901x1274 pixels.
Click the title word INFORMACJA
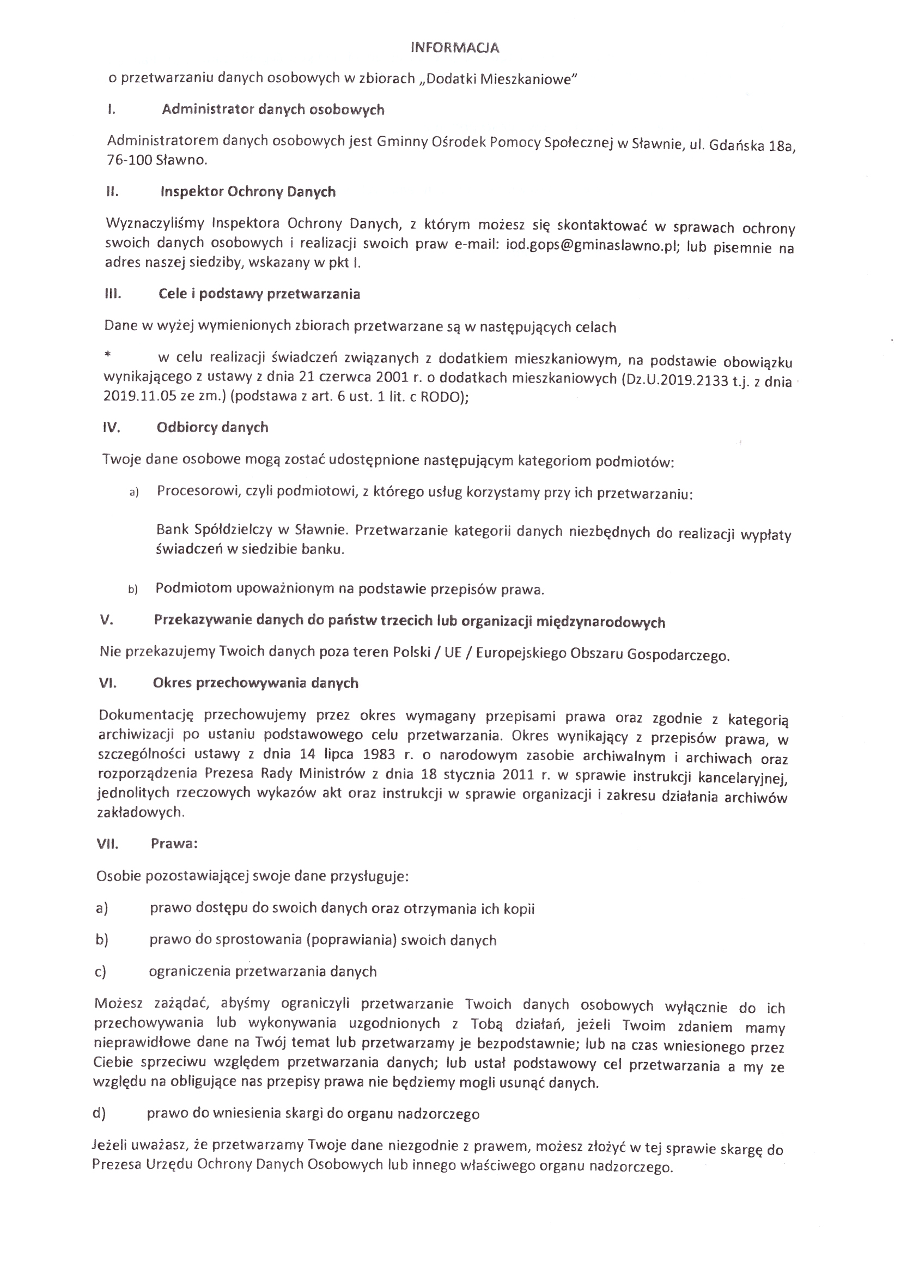[455, 48]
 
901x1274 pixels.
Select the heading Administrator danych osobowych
[273, 110]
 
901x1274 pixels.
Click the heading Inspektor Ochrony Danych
[248, 192]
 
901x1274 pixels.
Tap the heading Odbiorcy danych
[212, 427]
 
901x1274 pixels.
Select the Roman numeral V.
[107, 620]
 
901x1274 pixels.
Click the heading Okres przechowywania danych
[256, 683]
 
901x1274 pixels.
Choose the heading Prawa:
[174, 844]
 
